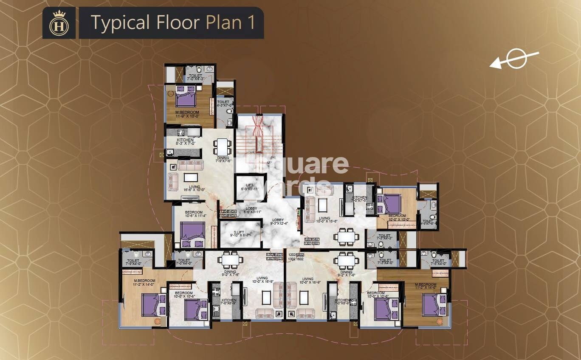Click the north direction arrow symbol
pyautogui.click(x=515, y=59)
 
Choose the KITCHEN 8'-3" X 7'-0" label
pyautogui.click(x=185, y=142)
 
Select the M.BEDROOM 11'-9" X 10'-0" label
pyautogui.click(x=187, y=115)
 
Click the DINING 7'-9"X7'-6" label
pyautogui.click(x=223, y=160)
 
